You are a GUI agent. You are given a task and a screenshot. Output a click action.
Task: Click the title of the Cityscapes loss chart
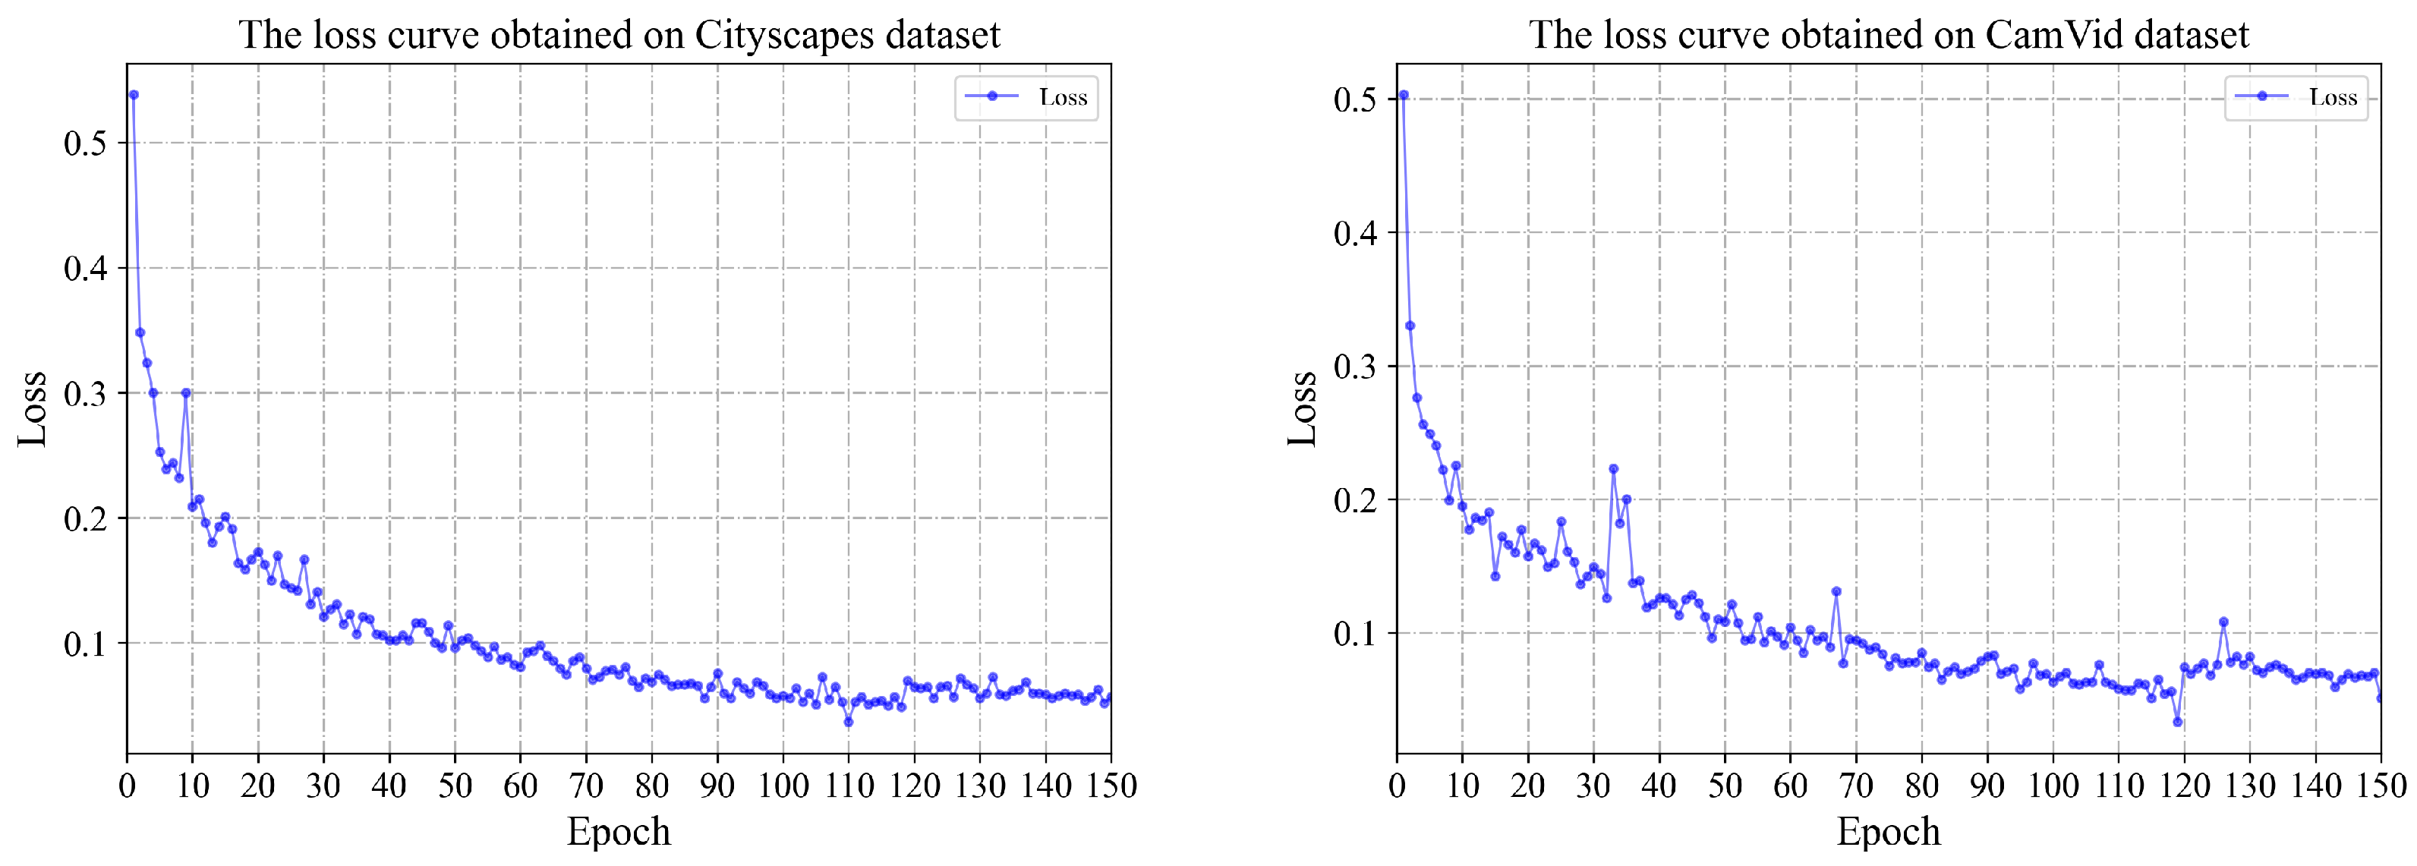coord(619,35)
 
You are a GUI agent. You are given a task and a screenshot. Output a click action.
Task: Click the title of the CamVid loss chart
coord(1888,35)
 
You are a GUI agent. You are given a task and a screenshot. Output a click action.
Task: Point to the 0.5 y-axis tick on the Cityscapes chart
coord(84,143)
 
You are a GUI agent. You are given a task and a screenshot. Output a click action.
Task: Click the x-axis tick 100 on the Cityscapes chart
coord(783,786)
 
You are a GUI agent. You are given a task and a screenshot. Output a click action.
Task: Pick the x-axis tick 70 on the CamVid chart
coord(1855,786)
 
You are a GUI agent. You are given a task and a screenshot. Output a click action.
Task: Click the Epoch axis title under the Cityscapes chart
coord(619,831)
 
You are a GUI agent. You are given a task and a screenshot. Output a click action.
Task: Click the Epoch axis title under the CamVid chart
coord(1888,831)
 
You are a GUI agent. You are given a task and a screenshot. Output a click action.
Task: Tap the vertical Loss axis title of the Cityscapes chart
coord(33,409)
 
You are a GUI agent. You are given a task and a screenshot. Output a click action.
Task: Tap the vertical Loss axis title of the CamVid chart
coord(1303,409)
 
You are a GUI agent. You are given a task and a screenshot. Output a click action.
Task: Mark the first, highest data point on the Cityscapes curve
coord(134,95)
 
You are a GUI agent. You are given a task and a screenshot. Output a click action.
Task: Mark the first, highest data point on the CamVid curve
coord(1404,95)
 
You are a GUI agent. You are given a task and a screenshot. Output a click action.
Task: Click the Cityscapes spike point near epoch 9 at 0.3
coord(186,393)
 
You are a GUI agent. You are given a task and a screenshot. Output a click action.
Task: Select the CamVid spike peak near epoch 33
coord(1613,468)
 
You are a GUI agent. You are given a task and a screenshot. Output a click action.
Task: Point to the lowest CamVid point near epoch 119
coord(2178,722)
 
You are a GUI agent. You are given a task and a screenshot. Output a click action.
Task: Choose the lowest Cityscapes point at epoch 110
coord(848,722)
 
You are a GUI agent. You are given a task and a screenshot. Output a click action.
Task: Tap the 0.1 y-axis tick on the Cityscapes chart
coord(84,644)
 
